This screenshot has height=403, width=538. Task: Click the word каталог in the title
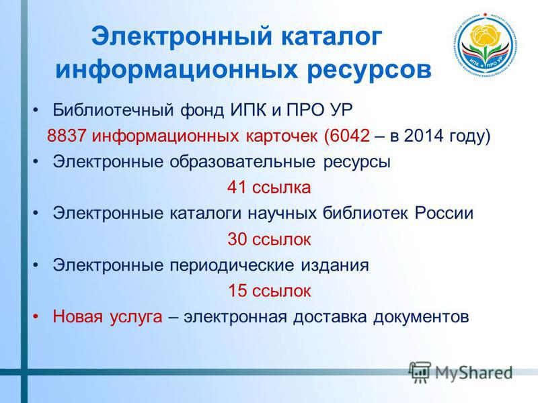[332, 37]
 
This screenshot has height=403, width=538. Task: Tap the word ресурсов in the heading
[369, 70]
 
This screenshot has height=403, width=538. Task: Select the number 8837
[66, 136]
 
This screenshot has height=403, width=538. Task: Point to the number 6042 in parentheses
[350, 136]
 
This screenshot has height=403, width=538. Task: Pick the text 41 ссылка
[269, 187]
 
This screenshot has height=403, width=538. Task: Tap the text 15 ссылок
[270, 291]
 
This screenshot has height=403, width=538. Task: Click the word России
[444, 213]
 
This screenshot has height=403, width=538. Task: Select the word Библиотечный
[114, 110]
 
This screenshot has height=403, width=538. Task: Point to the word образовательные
[242, 162]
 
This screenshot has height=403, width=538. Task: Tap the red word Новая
[77, 316]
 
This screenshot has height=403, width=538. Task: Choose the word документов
[421, 317]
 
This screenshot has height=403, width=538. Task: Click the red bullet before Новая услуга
[36, 317]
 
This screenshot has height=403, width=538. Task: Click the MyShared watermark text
[474, 373]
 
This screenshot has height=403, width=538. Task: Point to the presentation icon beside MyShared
[420, 371]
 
